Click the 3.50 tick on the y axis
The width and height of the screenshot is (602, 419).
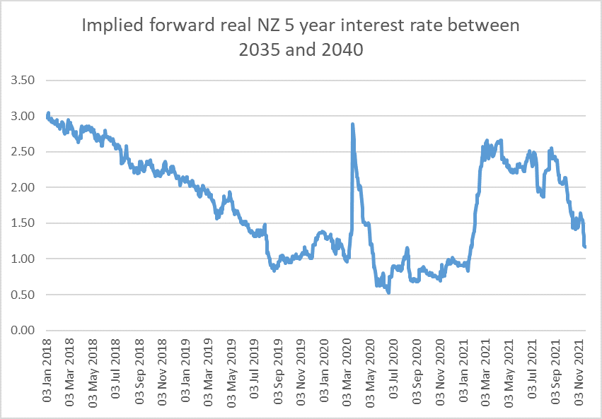23,81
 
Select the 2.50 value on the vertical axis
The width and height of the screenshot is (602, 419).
23,152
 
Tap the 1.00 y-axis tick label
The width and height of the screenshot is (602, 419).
23,259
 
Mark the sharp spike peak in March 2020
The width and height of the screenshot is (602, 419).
352,124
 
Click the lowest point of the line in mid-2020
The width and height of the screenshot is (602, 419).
388,292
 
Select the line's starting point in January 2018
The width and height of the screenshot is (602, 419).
47,114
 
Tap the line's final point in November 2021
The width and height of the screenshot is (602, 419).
585,247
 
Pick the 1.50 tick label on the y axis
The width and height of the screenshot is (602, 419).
23,223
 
